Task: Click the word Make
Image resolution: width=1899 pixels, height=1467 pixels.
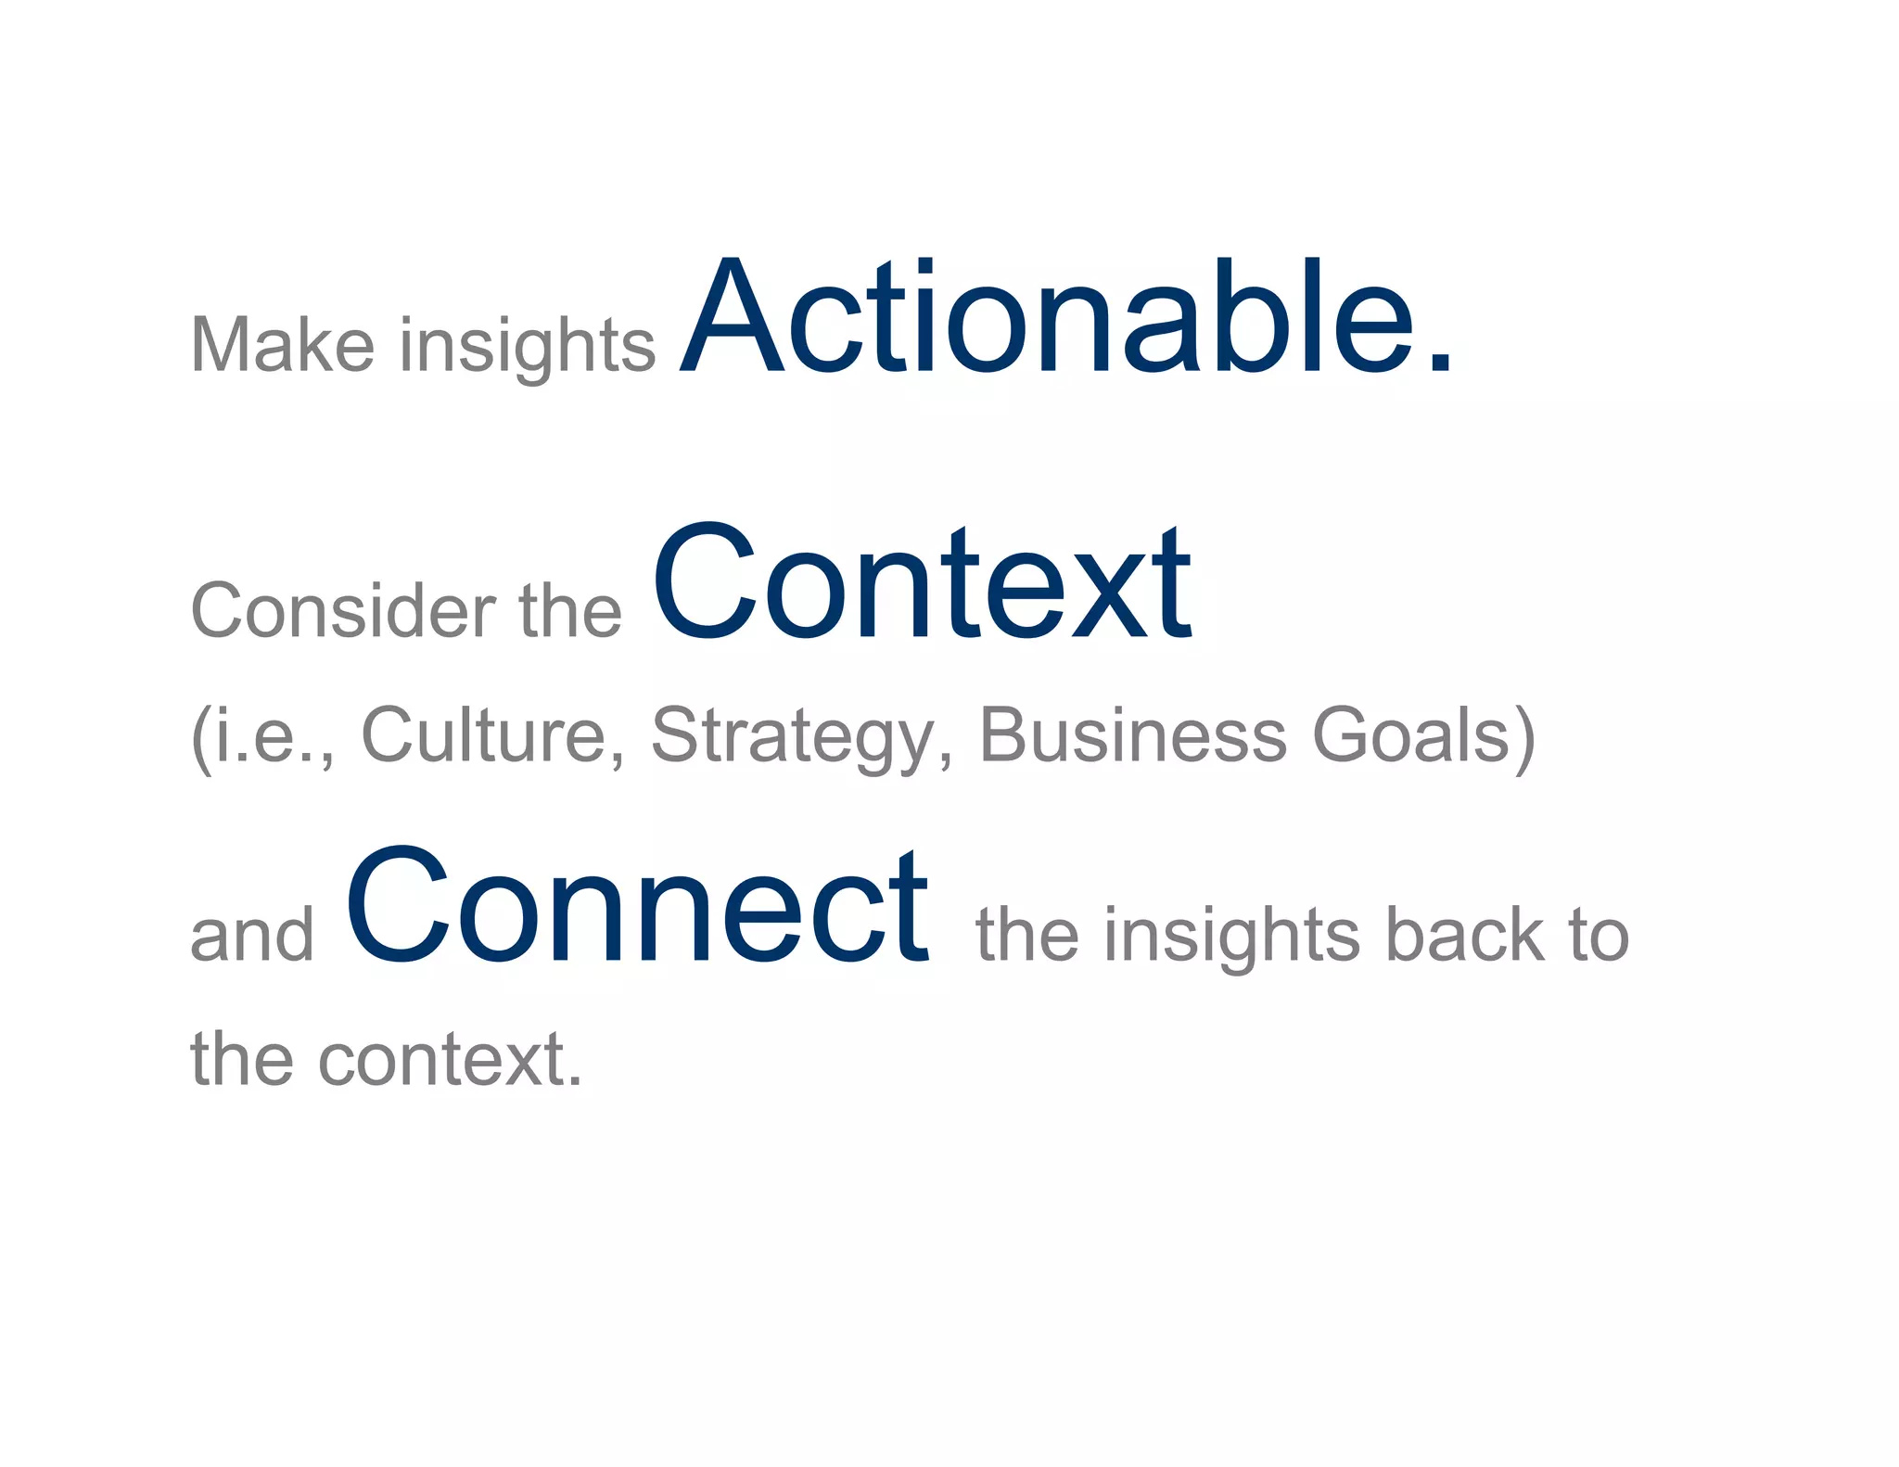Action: [x=282, y=345]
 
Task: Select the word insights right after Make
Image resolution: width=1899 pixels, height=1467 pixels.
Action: [x=528, y=347]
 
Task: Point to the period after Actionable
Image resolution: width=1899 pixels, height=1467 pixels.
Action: [x=1439, y=364]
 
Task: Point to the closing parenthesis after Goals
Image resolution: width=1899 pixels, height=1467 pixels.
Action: [x=1524, y=738]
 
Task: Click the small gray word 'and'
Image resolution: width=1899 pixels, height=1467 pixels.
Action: [x=252, y=937]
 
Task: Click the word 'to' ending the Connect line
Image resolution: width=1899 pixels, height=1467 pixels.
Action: [x=1598, y=937]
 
